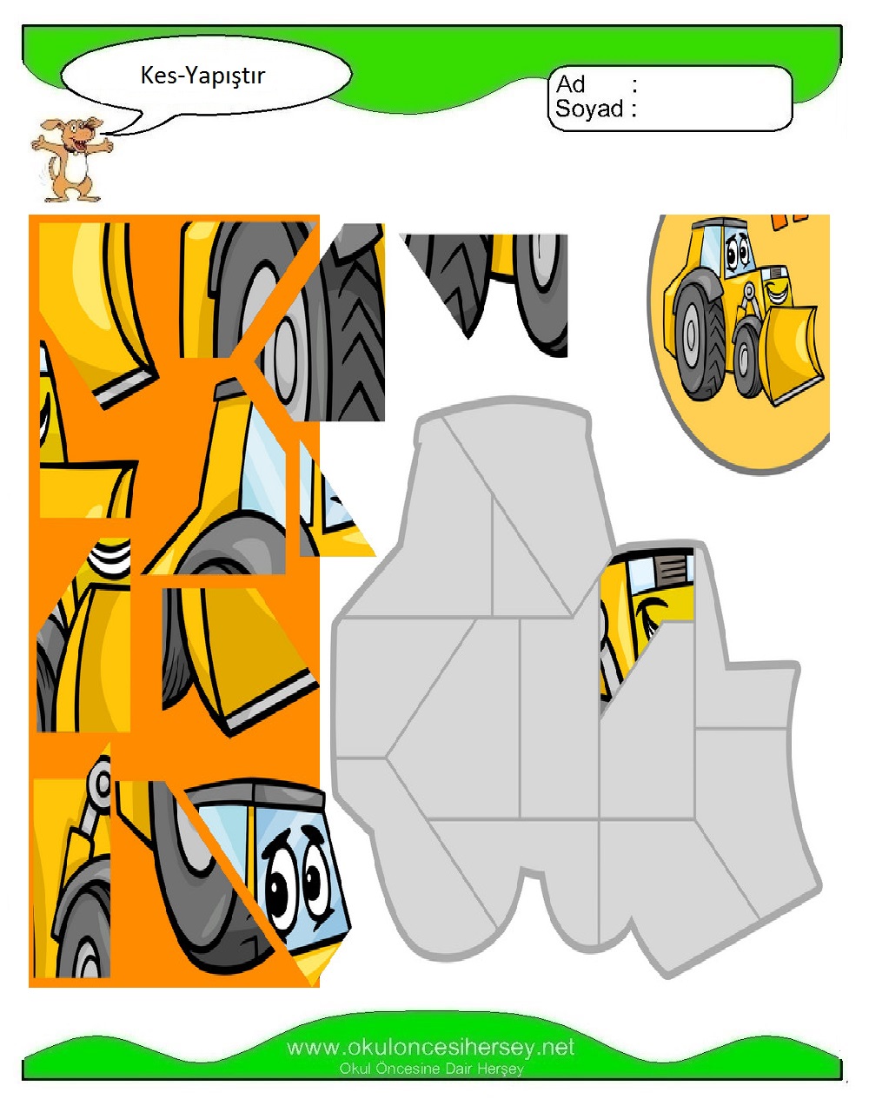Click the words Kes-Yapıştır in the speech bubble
pyautogui.click(x=202, y=76)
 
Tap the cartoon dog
pyautogui.click(x=71, y=160)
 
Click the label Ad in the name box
pyautogui.click(x=570, y=84)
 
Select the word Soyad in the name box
pyautogui.click(x=589, y=109)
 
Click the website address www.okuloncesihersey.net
pyautogui.click(x=431, y=1048)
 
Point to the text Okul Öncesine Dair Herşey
pyautogui.click(x=431, y=1069)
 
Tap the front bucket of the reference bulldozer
pyautogui.click(x=788, y=353)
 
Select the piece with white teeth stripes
pyautogui.click(x=85, y=634)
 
